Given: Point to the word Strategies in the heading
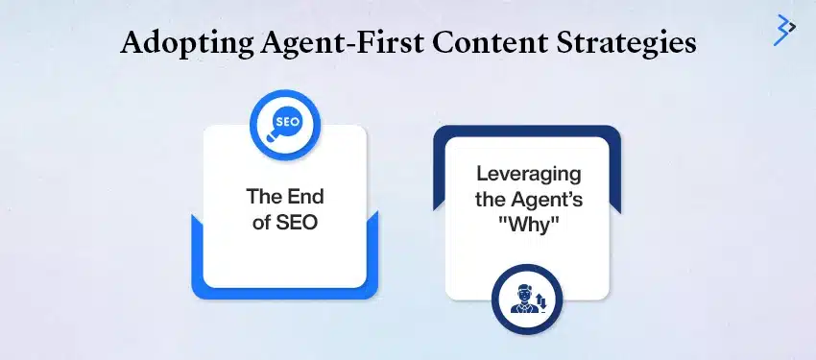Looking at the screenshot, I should [624, 44].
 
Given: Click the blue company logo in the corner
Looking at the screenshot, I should [784, 30].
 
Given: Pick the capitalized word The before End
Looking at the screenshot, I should [263, 200].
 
